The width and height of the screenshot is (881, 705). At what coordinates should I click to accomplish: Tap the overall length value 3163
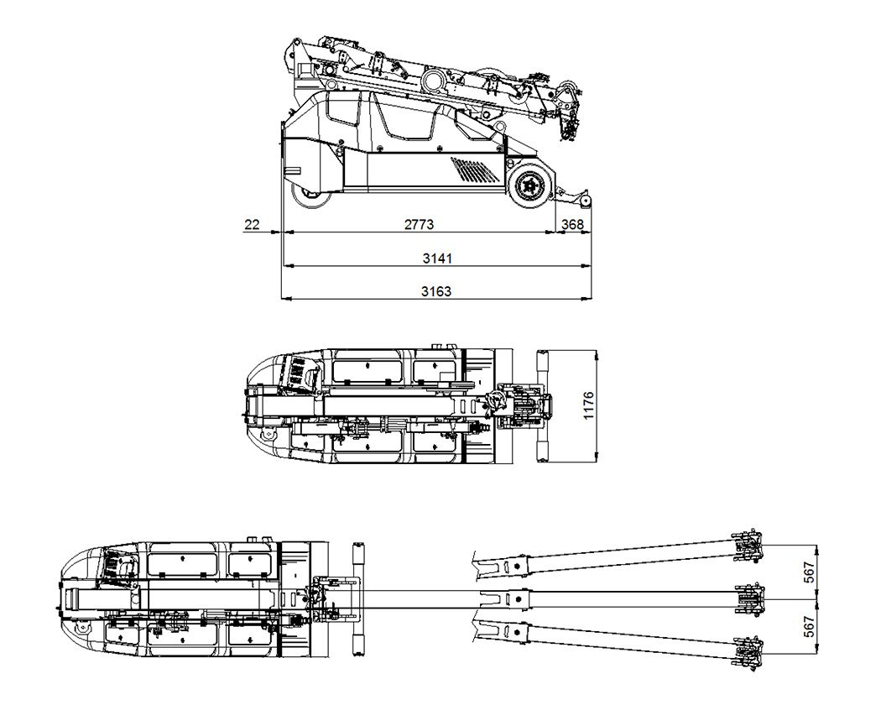(436, 291)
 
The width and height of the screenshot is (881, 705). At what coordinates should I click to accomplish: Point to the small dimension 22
(251, 225)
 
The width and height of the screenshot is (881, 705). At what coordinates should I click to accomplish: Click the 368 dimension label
(572, 225)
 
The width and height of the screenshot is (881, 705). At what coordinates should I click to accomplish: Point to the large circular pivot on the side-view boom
(434, 81)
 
